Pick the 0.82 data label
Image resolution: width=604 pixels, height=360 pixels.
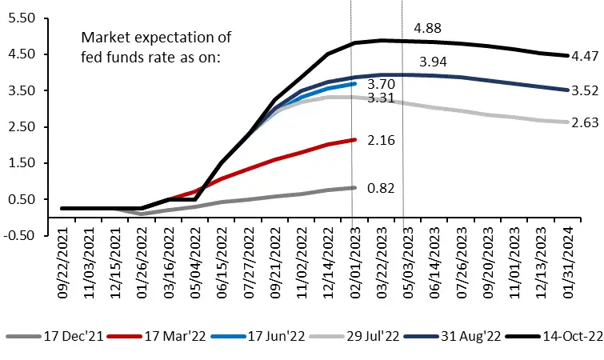click(x=382, y=188)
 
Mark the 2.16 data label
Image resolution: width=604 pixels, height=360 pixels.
click(x=382, y=141)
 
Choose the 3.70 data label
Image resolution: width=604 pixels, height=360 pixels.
click(x=382, y=83)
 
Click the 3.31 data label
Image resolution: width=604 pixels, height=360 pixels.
click(x=382, y=98)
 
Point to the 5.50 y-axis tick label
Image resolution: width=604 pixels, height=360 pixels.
click(x=24, y=18)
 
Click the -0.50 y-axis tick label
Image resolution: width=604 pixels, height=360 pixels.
click(x=22, y=235)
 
